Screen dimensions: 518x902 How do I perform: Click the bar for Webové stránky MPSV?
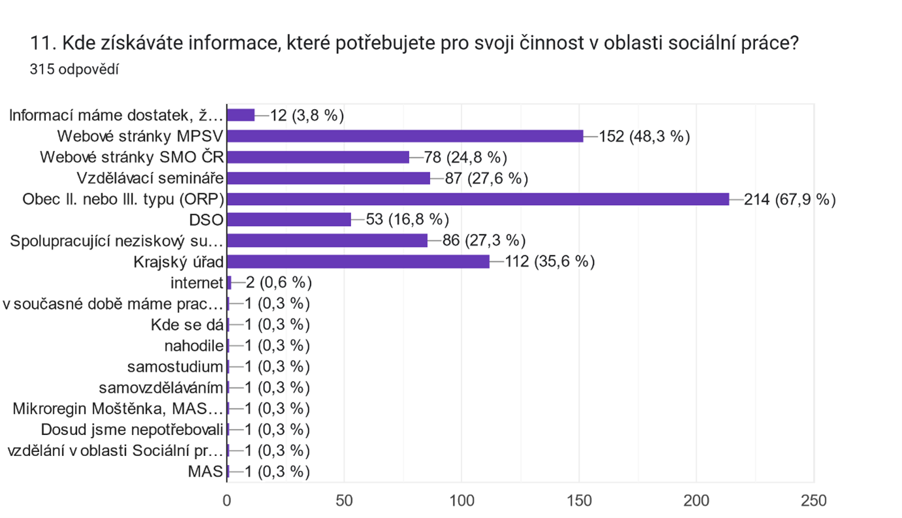click(405, 136)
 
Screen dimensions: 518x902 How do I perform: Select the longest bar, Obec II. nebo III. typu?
click(478, 199)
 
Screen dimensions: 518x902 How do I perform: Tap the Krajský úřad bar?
click(358, 262)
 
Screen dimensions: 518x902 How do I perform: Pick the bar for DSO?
click(288, 219)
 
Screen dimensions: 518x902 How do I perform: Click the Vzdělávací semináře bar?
click(328, 178)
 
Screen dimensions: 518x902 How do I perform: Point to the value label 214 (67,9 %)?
click(790, 199)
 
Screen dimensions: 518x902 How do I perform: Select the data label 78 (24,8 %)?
click(466, 157)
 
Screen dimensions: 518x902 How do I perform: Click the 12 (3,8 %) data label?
click(306, 116)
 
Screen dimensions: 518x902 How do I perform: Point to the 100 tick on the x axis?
click(461, 500)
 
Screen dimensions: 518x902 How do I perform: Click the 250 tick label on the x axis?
click(813, 500)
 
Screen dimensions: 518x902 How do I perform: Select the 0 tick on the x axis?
click(226, 500)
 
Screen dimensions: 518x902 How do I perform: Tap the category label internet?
click(196, 283)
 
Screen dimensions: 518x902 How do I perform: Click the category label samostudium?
click(185, 366)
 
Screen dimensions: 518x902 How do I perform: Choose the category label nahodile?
click(194, 346)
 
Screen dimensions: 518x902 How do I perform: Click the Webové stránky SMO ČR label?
click(132, 157)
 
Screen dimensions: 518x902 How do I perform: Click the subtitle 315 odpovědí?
click(74, 70)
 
